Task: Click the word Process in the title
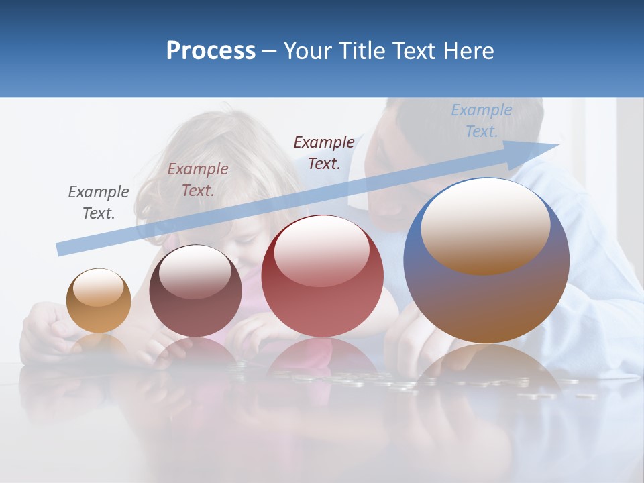[211, 50]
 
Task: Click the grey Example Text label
[99, 202]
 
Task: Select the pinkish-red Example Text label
[198, 179]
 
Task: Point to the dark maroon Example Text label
[324, 152]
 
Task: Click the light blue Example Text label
[482, 121]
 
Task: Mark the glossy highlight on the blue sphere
[485, 226]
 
